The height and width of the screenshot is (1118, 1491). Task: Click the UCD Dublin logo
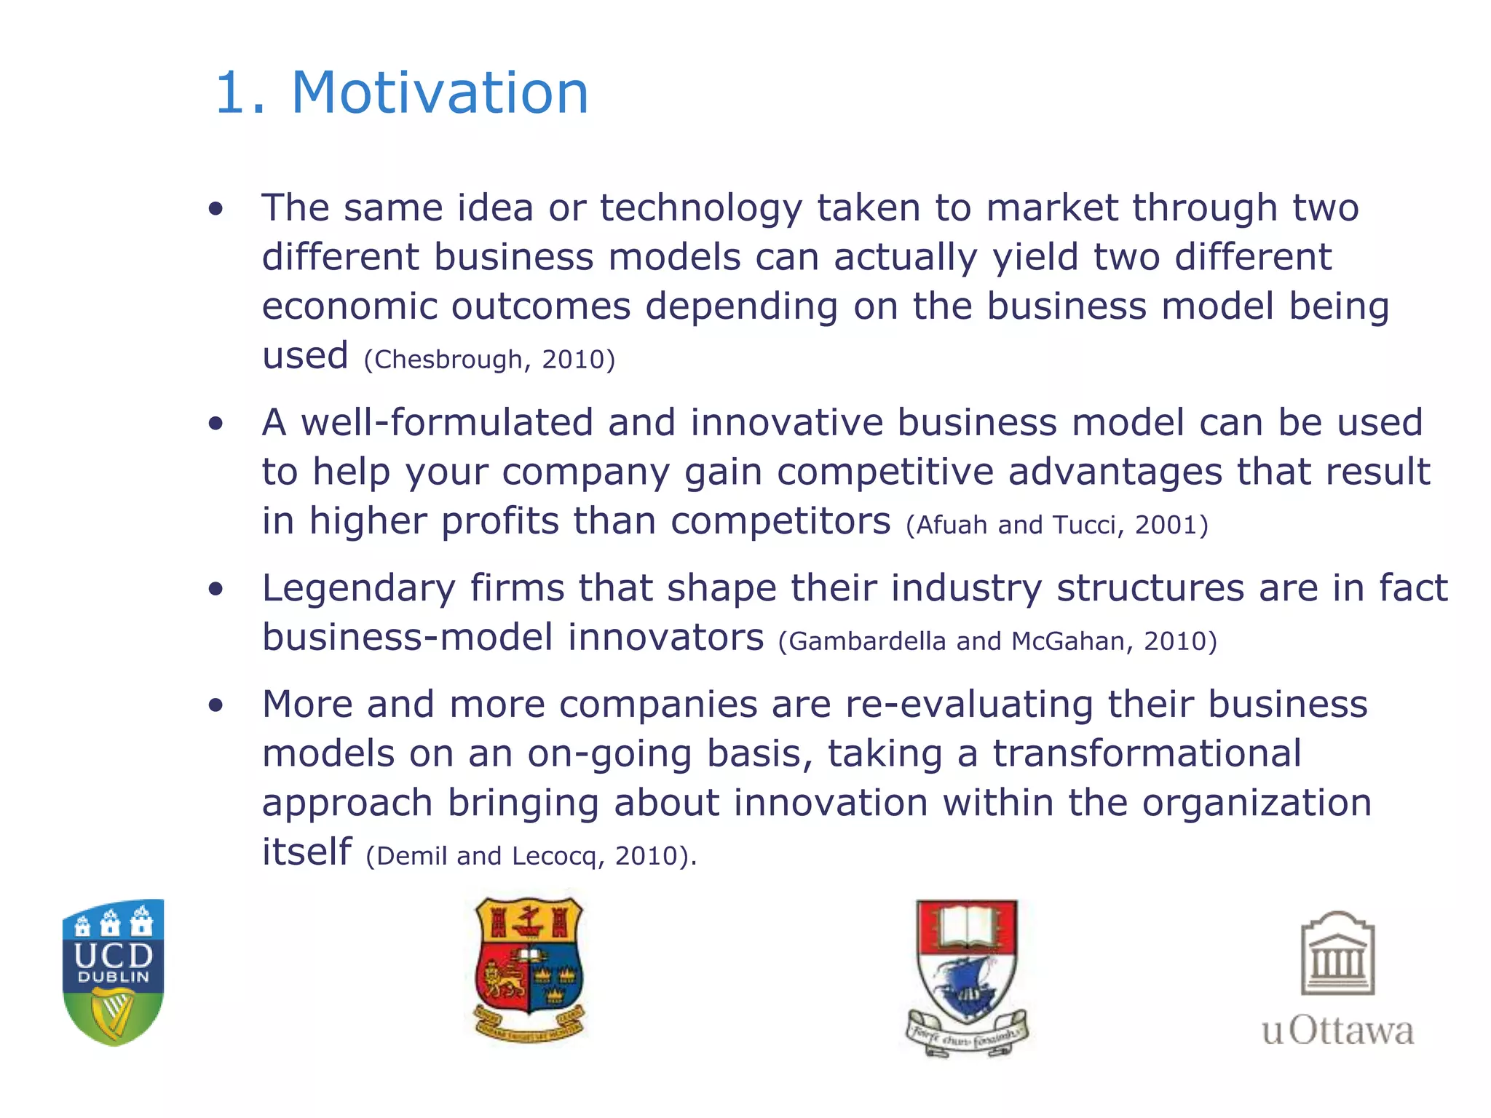pyautogui.click(x=114, y=971)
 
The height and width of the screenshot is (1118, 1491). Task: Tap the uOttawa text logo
pyautogui.click(x=1337, y=1031)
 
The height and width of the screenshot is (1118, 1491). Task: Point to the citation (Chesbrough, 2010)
pyautogui.click(x=489, y=360)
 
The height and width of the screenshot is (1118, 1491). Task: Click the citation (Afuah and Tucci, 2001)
pyautogui.click(x=1056, y=525)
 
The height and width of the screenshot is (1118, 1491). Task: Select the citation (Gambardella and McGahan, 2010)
pyautogui.click(x=997, y=641)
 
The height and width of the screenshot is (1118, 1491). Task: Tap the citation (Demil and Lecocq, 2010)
pyautogui.click(x=531, y=856)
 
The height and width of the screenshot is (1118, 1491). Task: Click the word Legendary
pyautogui.click(x=358, y=588)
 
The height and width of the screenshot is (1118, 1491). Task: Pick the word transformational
pyautogui.click(x=1147, y=753)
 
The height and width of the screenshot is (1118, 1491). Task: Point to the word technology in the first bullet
pyautogui.click(x=700, y=208)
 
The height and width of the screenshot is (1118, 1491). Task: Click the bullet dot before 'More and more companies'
pyautogui.click(x=215, y=705)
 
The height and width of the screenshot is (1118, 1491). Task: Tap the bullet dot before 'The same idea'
pyautogui.click(x=215, y=210)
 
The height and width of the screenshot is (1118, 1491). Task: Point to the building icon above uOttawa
pyautogui.click(x=1337, y=954)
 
